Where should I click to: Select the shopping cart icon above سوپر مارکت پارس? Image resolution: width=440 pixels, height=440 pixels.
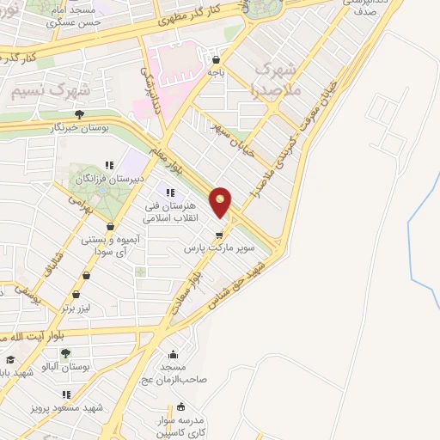click(219, 233)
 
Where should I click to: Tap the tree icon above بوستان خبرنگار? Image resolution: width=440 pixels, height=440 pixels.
click(79, 113)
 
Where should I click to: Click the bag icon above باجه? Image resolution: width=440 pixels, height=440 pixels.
click(215, 60)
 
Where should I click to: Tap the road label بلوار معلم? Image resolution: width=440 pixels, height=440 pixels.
click(174, 157)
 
